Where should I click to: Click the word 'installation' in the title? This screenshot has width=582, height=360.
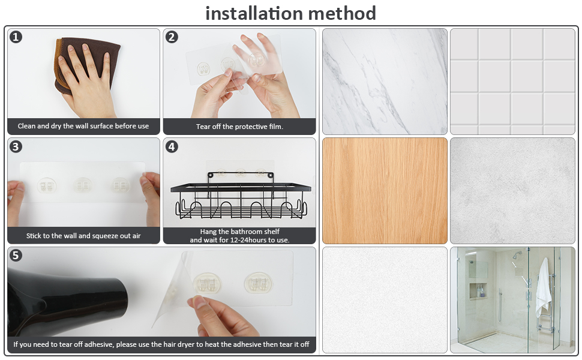254,13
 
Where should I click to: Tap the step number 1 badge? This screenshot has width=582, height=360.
16,37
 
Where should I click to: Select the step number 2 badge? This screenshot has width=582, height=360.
172,37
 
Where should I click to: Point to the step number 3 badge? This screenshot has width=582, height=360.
16,146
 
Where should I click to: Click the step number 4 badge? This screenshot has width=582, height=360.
172,146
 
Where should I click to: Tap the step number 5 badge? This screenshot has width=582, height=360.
16,256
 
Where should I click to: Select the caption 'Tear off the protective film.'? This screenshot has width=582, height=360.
239,127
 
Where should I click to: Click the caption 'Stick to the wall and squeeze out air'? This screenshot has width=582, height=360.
83,236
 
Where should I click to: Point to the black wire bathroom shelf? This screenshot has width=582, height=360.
241,196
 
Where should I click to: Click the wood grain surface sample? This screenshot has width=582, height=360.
385,191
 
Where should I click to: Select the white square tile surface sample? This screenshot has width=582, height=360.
512,82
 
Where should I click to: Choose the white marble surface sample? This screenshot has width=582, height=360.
385,82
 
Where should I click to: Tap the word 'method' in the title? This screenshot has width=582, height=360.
342,13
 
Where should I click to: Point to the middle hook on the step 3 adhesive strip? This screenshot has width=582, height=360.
83,185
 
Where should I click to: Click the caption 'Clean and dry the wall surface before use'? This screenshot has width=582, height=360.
83,126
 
